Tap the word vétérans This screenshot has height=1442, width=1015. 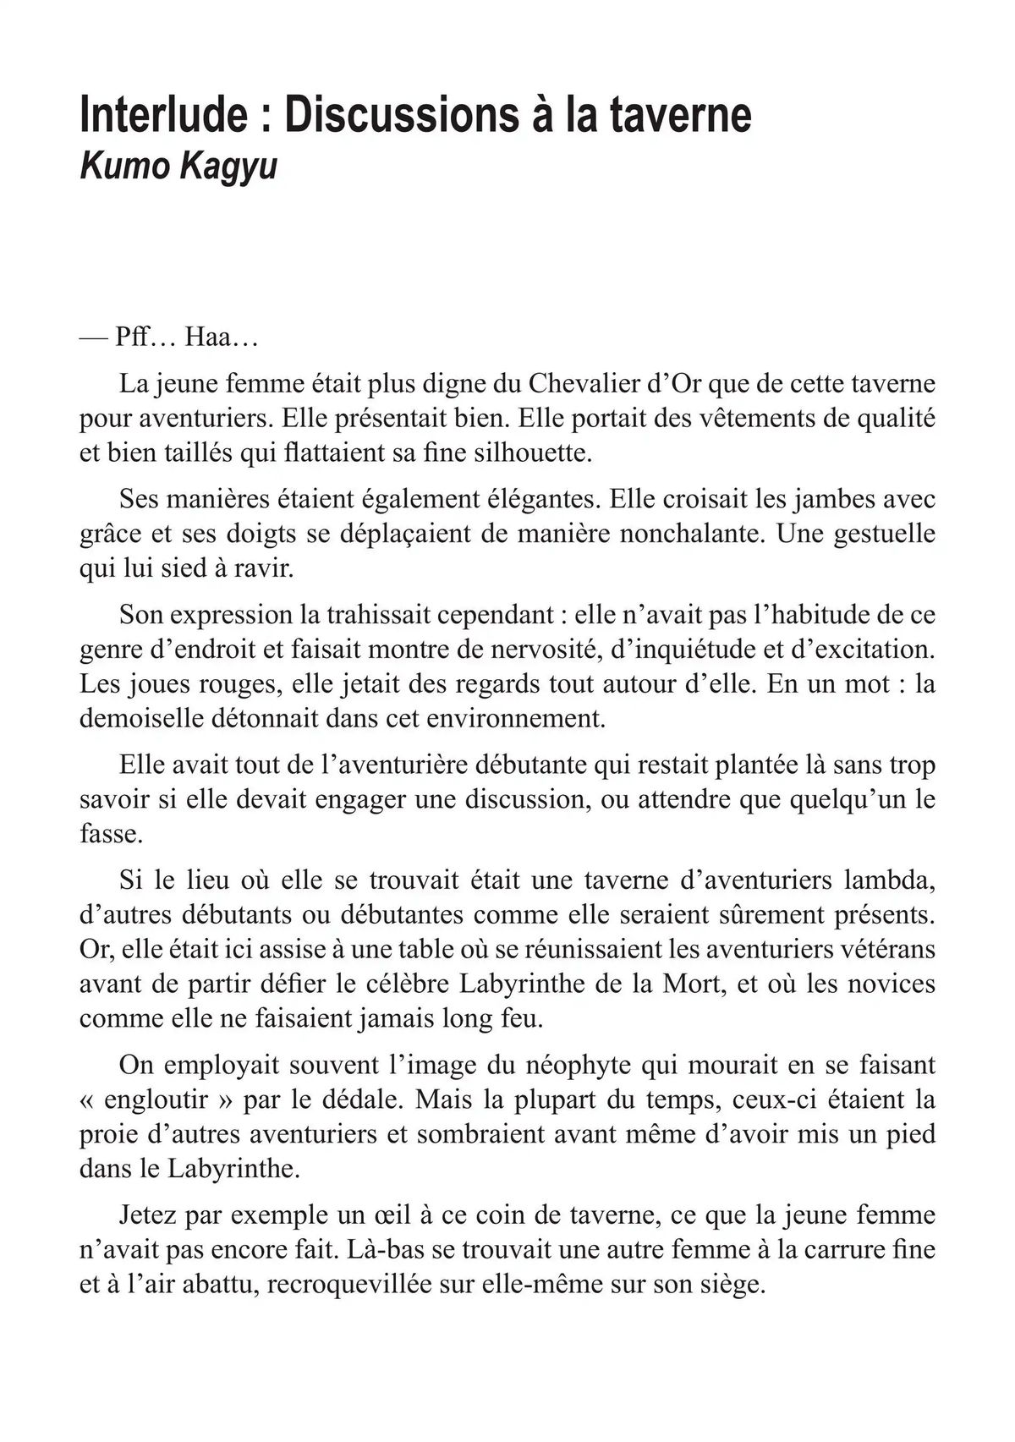click(887, 950)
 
